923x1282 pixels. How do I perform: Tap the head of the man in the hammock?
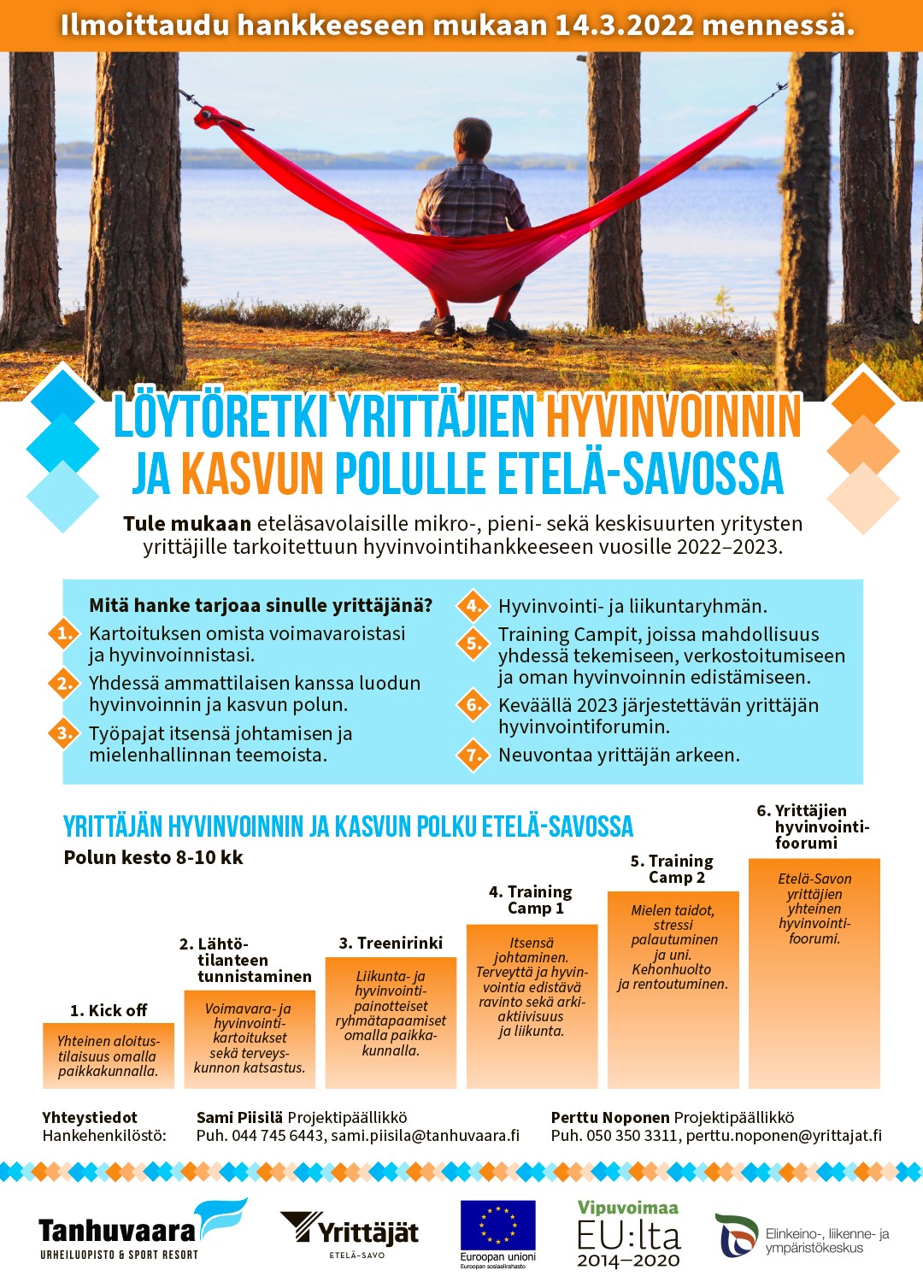(472, 141)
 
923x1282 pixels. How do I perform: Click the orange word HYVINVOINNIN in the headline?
(673, 416)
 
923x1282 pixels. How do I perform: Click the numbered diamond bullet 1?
(64, 634)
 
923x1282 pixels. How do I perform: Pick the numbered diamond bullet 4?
(473, 606)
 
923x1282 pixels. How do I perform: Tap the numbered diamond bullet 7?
(473, 755)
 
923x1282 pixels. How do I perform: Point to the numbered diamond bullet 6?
(473, 705)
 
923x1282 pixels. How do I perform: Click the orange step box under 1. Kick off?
(109, 1056)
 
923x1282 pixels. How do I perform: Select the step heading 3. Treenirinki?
(391, 943)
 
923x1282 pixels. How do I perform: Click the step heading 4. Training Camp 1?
(530, 900)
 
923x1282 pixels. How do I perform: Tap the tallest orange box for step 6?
(814, 974)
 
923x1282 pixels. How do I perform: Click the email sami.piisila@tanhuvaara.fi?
(425, 1136)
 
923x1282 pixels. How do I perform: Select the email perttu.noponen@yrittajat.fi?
(784, 1136)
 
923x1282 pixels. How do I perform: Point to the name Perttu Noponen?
(610, 1117)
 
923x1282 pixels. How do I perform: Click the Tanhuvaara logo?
(142, 1231)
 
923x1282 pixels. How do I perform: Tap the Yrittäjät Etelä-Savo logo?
(350, 1232)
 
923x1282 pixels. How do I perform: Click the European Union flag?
(497, 1226)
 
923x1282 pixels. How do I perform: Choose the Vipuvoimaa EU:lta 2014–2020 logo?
(628, 1233)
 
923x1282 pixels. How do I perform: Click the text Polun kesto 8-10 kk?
(153, 857)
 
